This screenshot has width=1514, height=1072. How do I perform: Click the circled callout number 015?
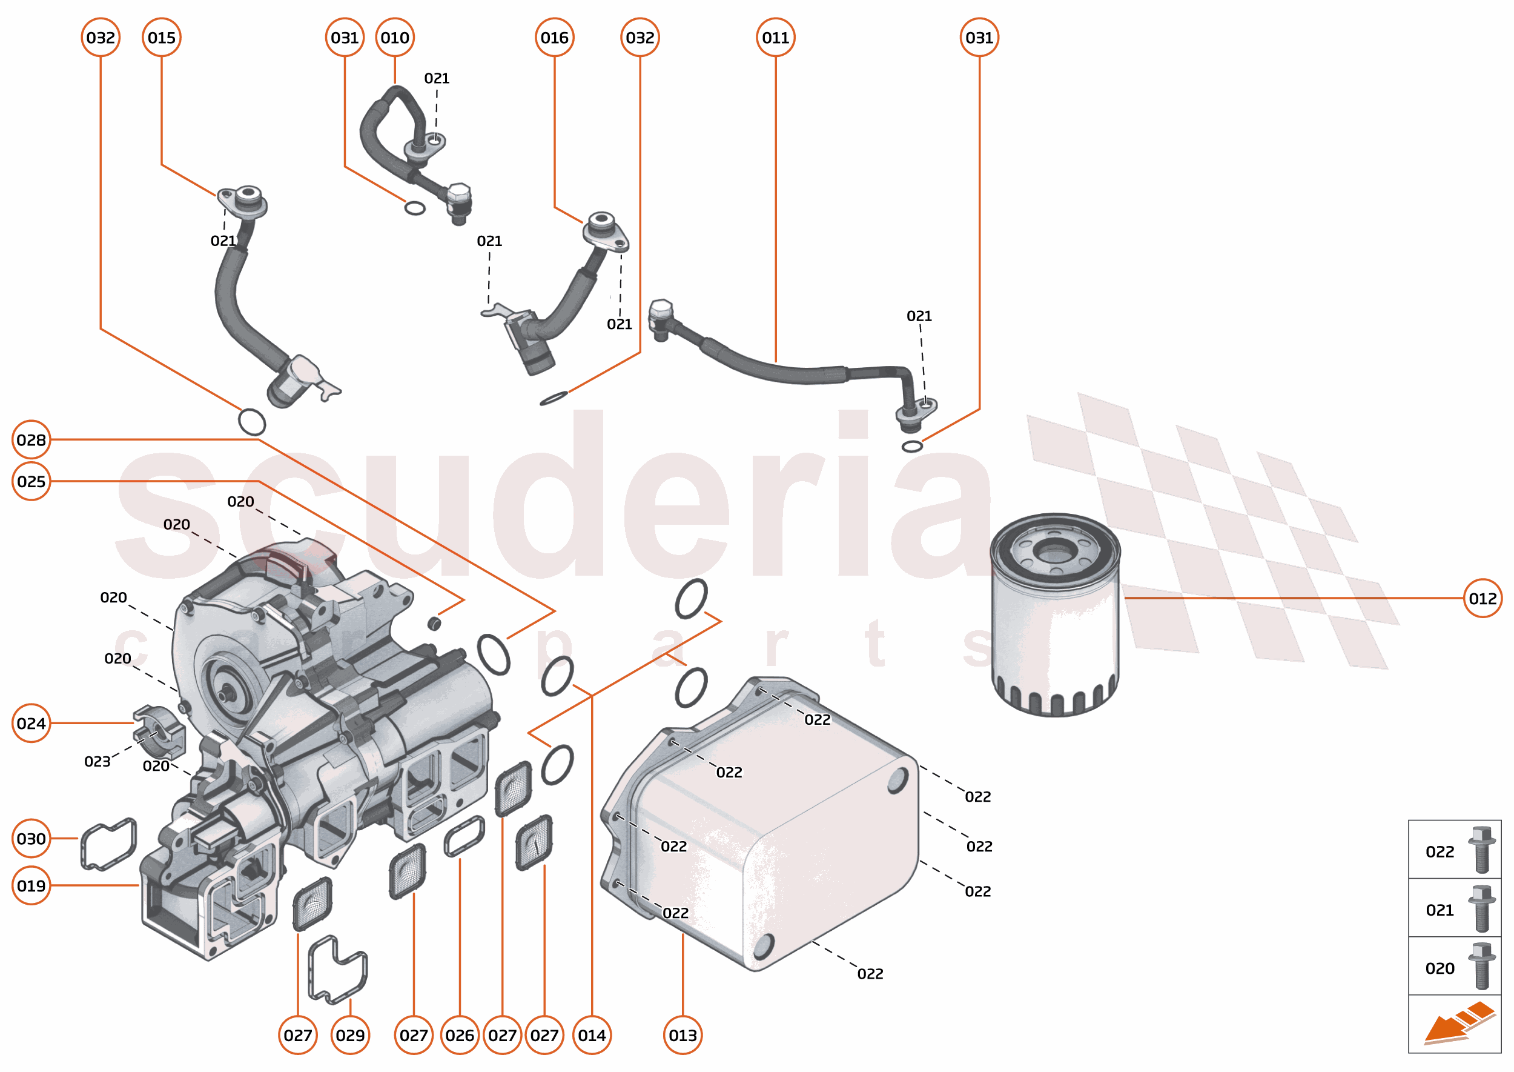pyautogui.click(x=162, y=38)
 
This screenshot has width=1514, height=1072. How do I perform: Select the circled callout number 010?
pyautogui.click(x=394, y=38)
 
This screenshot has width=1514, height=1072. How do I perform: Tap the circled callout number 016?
pyautogui.click(x=554, y=38)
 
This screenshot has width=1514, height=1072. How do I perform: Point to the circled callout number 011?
pyautogui.click(x=775, y=38)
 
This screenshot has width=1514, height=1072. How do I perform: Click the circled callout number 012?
pyautogui.click(x=1483, y=598)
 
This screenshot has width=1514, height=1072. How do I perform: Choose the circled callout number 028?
pyautogui.click(x=31, y=439)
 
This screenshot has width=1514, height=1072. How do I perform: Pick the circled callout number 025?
pyautogui.click(x=31, y=481)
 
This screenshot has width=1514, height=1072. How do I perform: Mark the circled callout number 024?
pyautogui.click(x=31, y=724)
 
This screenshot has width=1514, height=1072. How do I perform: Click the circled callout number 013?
pyautogui.click(x=682, y=1035)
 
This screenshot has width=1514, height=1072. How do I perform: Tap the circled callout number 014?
pyautogui.click(x=592, y=1035)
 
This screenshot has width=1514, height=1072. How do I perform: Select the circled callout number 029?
pyautogui.click(x=349, y=1035)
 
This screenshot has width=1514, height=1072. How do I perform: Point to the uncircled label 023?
pyautogui.click(x=97, y=762)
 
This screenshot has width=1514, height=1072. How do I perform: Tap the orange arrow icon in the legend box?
pyautogui.click(x=1458, y=1024)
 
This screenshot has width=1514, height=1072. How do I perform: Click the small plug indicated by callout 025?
pyautogui.click(x=434, y=622)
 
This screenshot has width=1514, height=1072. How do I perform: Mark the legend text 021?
pyautogui.click(x=1440, y=910)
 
